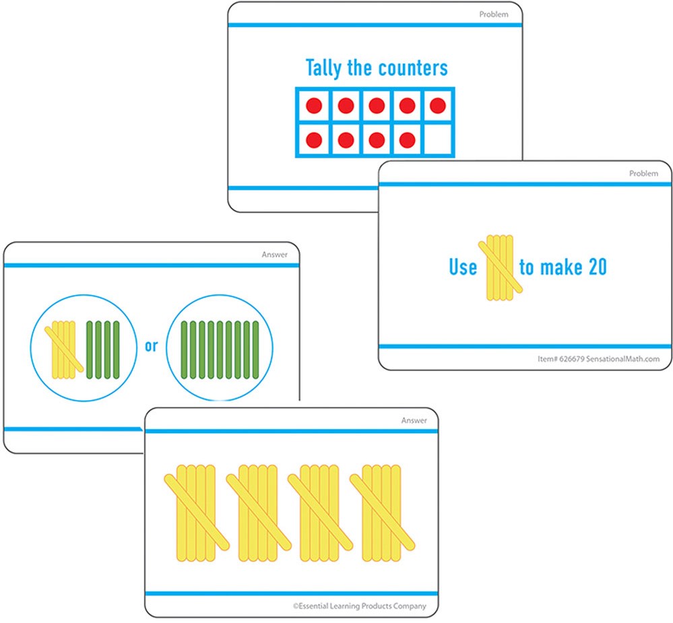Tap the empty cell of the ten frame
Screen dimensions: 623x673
click(438, 140)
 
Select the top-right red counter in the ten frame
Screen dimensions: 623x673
click(438, 106)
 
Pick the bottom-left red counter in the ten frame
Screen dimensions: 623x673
click(314, 140)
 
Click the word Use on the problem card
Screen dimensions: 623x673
click(463, 267)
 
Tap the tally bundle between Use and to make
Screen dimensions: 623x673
click(499, 267)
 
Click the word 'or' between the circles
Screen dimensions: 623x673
click(151, 346)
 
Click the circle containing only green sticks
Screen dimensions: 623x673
click(219, 347)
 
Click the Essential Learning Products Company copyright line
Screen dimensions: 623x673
click(359, 606)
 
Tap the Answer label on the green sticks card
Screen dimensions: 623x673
click(274, 255)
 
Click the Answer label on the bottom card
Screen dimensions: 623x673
click(414, 421)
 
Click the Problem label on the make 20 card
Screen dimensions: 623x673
click(643, 174)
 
